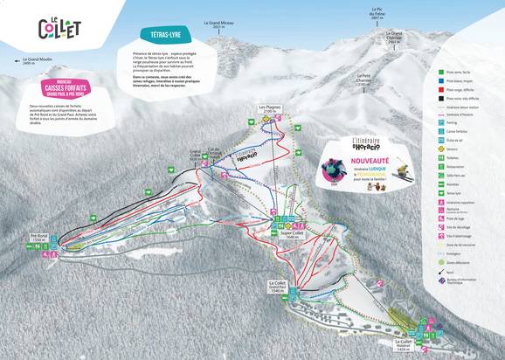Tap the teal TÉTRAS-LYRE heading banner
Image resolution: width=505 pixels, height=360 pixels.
160,35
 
